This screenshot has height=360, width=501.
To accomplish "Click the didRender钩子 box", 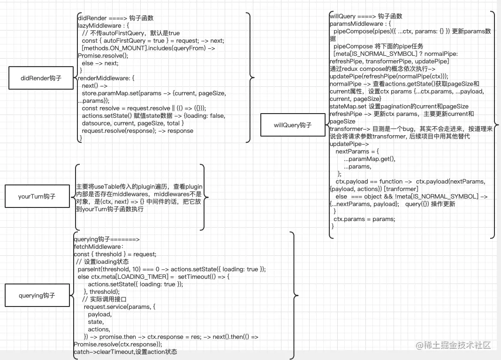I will [x=41, y=78].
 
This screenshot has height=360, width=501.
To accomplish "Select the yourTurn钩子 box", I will [x=37, y=197].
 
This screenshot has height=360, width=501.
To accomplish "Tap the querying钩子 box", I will [x=37, y=295].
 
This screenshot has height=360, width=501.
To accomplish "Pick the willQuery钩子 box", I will [x=292, y=125].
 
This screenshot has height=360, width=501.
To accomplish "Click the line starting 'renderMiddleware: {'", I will [x=106, y=78].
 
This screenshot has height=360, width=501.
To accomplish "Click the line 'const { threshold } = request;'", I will [x=115, y=254].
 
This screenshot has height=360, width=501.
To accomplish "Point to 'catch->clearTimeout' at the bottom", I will [x=104, y=352].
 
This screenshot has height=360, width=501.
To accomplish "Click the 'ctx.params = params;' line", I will [x=364, y=219].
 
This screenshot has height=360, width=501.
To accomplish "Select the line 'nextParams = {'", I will [x=357, y=152].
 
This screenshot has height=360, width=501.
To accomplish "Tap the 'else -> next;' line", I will [x=100, y=63].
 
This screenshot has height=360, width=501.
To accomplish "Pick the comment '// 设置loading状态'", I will [x=102, y=261].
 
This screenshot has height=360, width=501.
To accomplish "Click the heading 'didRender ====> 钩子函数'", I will [x=115, y=18].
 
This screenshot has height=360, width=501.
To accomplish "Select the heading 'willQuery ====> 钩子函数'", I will [x=366, y=16].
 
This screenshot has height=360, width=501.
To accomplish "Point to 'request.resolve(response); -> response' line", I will [x=137, y=130].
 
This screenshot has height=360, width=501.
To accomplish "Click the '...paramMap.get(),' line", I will [x=370, y=159].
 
